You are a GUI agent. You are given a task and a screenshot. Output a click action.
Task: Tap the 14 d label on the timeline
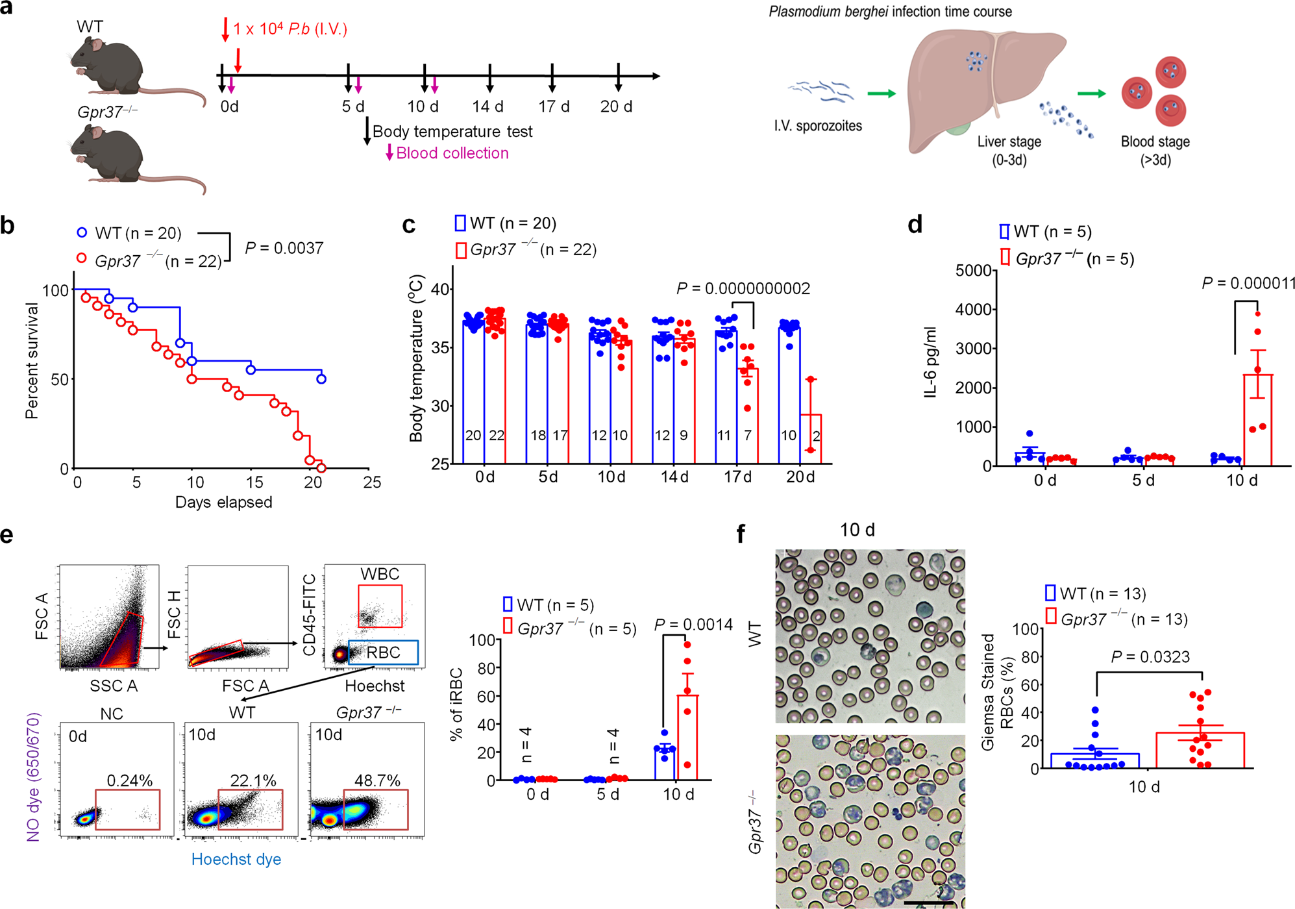click(488, 106)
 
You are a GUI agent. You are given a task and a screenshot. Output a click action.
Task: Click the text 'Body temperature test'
click(452, 132)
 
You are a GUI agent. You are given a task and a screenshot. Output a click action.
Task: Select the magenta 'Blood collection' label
click(452, 153)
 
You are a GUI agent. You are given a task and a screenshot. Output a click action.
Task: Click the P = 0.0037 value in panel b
click(284, 248)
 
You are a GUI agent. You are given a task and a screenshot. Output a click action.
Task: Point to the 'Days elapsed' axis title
click(223, 502)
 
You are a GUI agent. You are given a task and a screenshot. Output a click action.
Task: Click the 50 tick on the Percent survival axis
click(60, 379)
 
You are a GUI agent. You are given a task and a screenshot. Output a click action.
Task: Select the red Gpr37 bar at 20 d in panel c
click(811, 439)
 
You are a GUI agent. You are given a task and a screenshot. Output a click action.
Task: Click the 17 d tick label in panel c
click(737, 477)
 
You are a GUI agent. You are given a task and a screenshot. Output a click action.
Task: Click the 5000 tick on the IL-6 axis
click(973, 270)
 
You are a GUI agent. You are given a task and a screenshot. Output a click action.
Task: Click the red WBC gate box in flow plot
click(380, 605)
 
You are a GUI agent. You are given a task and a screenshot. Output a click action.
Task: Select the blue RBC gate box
click(383, 652)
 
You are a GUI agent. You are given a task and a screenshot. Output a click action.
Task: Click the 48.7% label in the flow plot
click(377, 780)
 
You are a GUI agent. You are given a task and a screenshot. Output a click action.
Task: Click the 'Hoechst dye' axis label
click(236, 859)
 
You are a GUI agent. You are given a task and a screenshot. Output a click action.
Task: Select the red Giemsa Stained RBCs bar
click(1200, 751)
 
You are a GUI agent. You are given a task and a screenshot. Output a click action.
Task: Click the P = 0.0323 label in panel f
click(1150, 657)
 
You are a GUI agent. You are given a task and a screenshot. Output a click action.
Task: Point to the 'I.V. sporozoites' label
click(818, 126)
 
